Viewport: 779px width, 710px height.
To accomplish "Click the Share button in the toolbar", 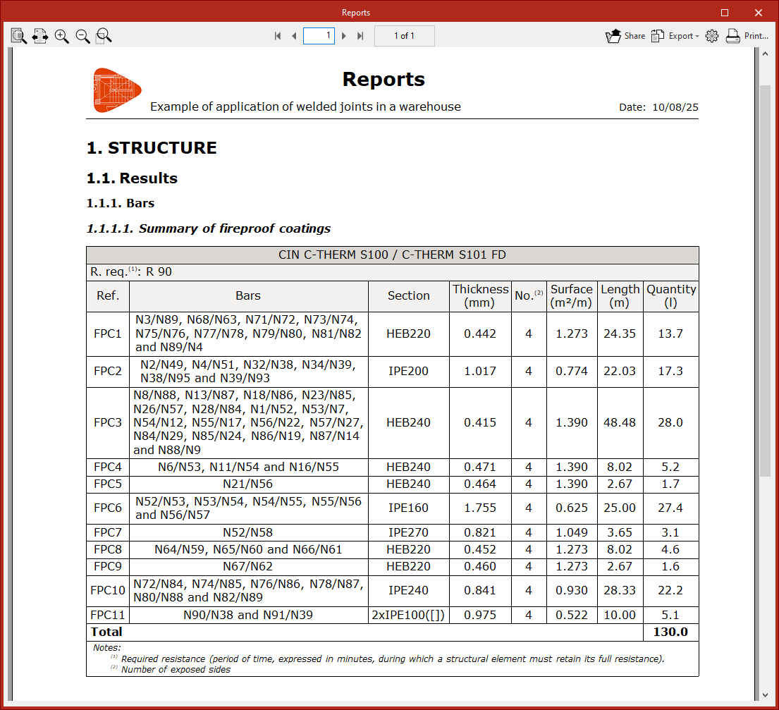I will click(625, 36).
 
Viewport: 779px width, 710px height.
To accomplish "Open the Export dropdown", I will click(675, 36).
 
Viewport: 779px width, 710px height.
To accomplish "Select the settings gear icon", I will click(712, 36).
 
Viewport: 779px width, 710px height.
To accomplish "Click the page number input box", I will click(319, 35).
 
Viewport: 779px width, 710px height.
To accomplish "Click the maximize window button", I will click(725, 13).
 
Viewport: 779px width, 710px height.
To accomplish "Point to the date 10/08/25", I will click(675, 107).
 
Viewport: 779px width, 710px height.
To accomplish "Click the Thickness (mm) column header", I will click(481, 296).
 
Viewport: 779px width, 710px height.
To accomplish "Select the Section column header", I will click(409, 296).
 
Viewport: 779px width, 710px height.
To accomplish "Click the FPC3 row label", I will click(108, 423).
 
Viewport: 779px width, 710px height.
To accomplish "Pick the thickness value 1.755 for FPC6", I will click(480, 508).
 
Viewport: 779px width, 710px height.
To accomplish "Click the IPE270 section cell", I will click(409, 532).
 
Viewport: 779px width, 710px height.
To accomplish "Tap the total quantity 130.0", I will click(670, 632).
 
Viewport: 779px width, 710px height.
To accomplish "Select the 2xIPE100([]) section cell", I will click(409, 615).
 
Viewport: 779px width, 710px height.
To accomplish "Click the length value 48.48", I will click(620, 423).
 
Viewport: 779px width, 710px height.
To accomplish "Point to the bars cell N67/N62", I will click(248, 566).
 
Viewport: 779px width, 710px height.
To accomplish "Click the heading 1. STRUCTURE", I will click(152, 148).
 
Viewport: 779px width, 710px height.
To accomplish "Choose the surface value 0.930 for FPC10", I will click(571, 591).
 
